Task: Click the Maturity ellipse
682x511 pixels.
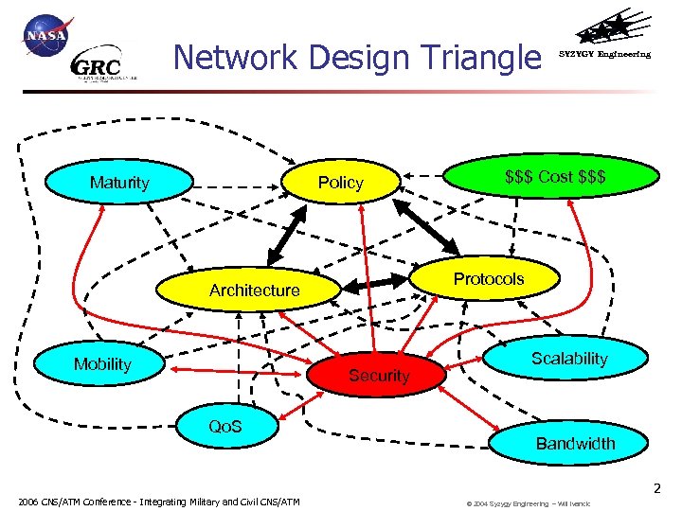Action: click(119, 182)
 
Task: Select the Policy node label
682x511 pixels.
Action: click(341, 182)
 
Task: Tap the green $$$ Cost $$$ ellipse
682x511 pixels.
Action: click(556, 177)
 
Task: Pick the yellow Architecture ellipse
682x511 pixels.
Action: click(254, 290)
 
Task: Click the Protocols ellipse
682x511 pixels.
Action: click(488, 278)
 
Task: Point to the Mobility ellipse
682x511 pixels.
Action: click(102, 364)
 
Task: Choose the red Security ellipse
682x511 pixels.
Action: click(379, 375)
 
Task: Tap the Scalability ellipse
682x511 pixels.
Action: click(568, 358)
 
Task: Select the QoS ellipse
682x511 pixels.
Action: click(224, 427)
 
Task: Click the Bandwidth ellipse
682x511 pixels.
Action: click(575, 442)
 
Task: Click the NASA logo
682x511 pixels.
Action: click(45, 36)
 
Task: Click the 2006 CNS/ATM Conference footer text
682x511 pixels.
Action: click(159, 502)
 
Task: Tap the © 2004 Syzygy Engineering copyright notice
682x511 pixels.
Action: click(528, 503)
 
